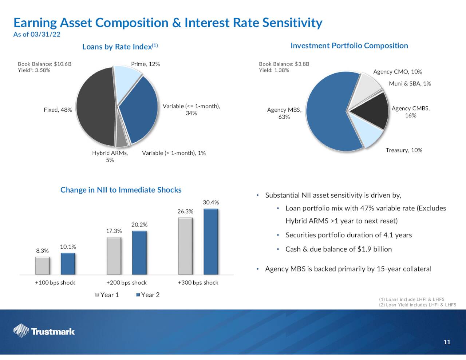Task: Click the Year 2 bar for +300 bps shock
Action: pyautogui.click(x=211, y=242)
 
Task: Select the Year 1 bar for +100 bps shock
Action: pyautogui.click(x=43, y=266)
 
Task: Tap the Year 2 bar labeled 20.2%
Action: pyautogui.click(x=139, y=253)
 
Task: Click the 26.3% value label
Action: pyautogui.click(x=185, y=211)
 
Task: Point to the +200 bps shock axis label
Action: pyautogui.click(x=127, y=282)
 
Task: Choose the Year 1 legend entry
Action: pyautogui.click(x=107, y=295)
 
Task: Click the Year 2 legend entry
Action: pyautogui.click(x=148, y=295)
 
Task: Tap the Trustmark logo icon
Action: pyautogui.click(x=21, y=331)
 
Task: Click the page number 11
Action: pyautogui.click(x=447, y=342)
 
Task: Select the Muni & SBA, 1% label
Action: pyautogui.click(x=410, y=84)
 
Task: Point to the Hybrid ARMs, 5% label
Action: pyautogui.click(x=110, y=157)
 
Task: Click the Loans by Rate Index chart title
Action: pyautogui.click(x=120, y=47)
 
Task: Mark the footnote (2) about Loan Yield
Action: pyautogui.click(x=418, y=305)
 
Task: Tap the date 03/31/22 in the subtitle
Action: pyautogui.click(x=46, y=34)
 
